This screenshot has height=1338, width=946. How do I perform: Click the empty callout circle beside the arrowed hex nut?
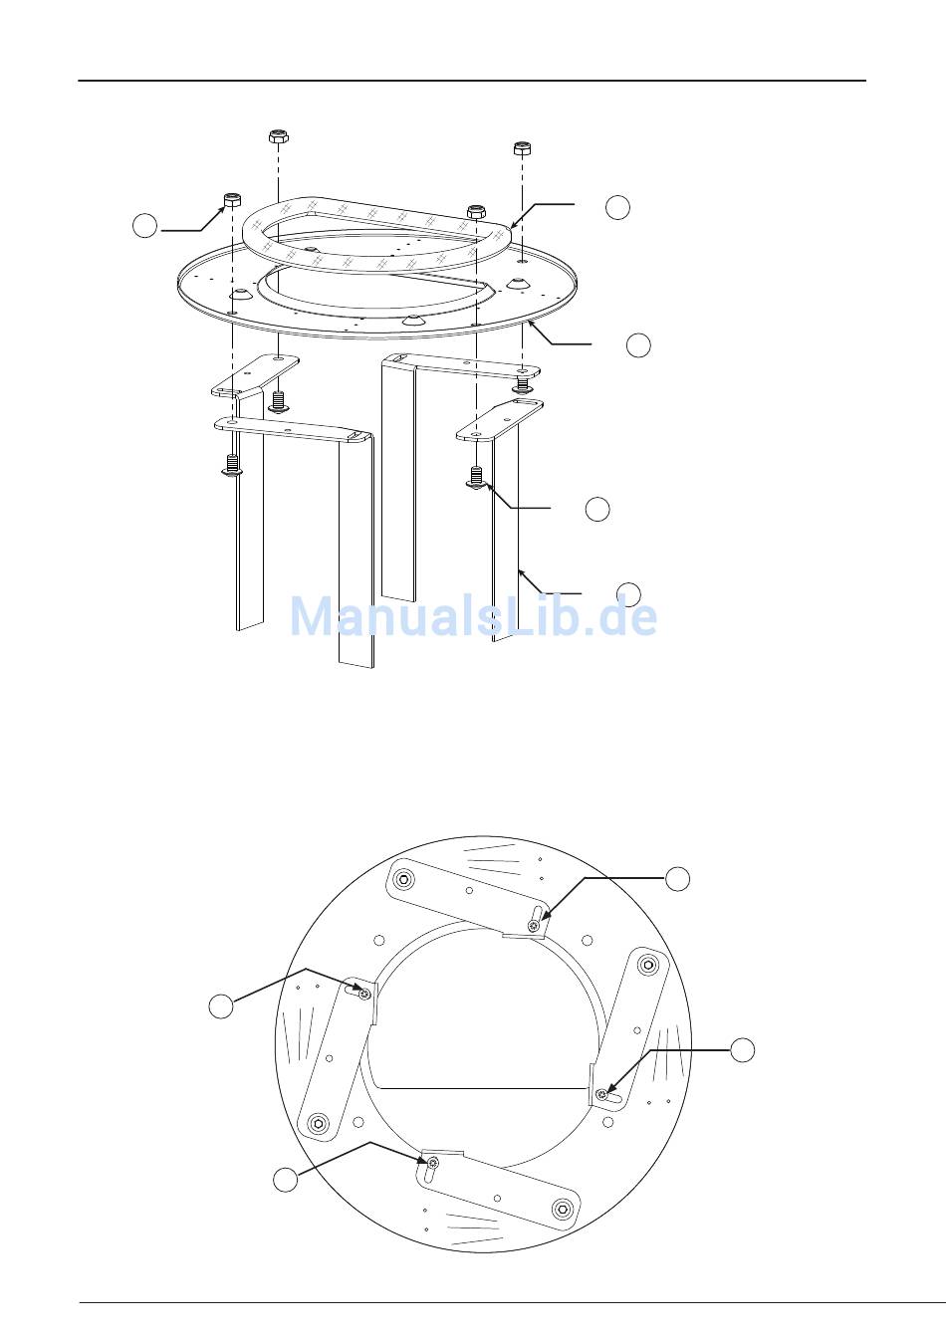pyautogui.click(x=144, y=226)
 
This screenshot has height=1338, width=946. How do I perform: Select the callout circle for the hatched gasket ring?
pyautogui.click(x=617, y=207)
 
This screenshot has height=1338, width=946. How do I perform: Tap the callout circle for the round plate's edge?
pyautogui.click(x=638, y=345)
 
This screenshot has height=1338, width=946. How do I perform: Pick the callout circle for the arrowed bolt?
pyautogui.click(x=597, y=509)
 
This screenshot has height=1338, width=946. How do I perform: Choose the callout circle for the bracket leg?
pyautogui.click(x=628, y=593)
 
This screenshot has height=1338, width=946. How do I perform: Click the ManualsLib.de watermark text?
pyautogui.click(x=473, y=616)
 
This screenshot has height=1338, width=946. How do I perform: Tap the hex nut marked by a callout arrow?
pyautogui.click(x=232, y=199)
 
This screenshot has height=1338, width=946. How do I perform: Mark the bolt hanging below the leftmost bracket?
pyautogui.click(x=232, y=466)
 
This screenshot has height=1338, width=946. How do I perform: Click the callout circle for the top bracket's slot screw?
pyautogui.click(x=677, y=879)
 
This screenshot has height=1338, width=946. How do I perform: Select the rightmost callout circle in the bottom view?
pyautogui.click(x=742, y=1050)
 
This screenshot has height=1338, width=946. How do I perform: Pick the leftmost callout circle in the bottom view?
pyautogui.click(x=221, y=1006)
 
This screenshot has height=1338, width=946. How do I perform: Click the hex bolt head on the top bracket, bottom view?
pyautogui.click(x=405, y=879)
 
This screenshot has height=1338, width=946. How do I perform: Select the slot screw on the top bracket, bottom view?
pyautogui.click(x=533, y=926)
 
